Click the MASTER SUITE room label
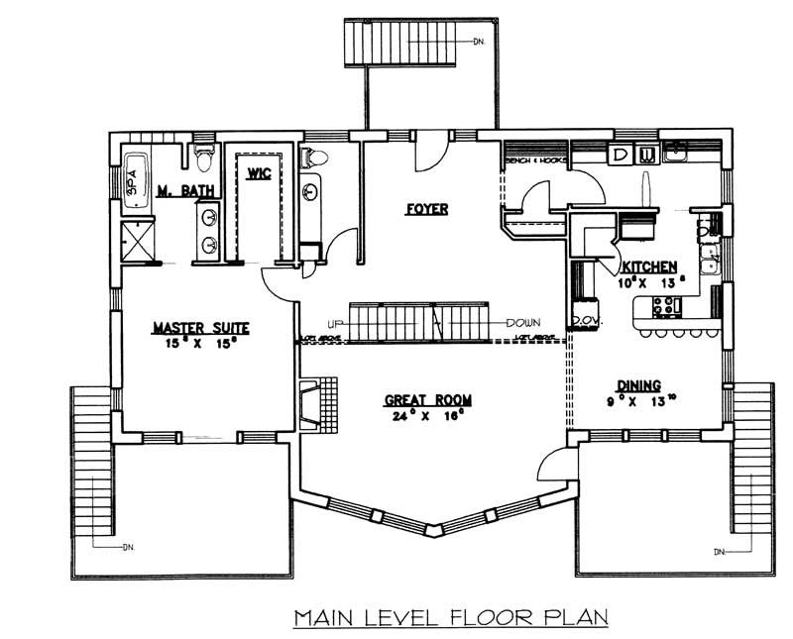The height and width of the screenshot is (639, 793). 200,327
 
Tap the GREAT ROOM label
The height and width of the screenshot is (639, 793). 427,400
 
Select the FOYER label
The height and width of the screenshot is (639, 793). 427,209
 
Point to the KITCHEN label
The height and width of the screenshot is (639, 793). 649,266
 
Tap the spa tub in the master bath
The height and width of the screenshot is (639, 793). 135,181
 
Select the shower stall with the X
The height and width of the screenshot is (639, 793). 139,241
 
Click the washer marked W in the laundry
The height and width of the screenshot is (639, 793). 646,155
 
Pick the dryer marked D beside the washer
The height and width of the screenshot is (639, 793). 619,155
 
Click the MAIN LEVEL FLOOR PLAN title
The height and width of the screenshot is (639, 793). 449,618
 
